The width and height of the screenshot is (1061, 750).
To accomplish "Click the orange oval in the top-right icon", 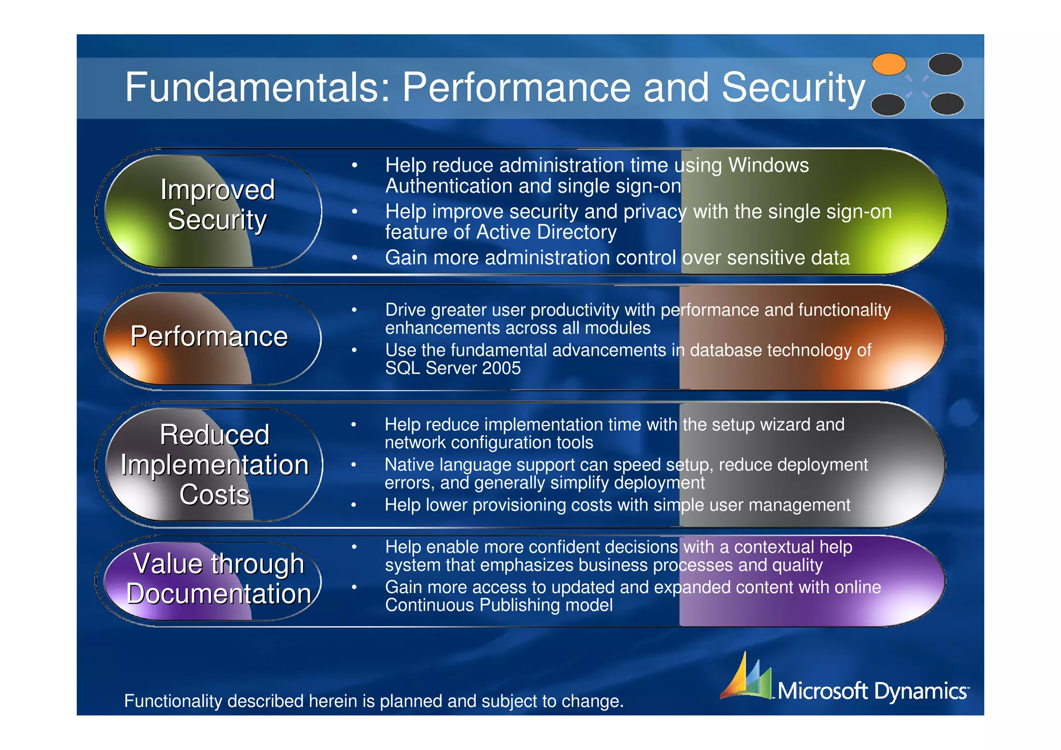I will [x=888, y=65].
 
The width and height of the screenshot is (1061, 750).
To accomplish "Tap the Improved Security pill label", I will [x=217, y=204].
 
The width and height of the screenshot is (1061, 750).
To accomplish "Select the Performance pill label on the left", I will [x=209, y=336].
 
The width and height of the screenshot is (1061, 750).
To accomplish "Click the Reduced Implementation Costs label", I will [x=214, y=464].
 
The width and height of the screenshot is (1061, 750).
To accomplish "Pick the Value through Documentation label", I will [x=218, y=578].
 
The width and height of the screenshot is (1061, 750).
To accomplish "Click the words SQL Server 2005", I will [x=453, y=369].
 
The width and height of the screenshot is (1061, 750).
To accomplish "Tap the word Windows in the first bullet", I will [x=768, y=165].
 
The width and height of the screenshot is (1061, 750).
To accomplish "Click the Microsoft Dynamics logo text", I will [x=872, y=691].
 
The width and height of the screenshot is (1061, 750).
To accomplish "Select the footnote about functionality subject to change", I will [x=374, y=701].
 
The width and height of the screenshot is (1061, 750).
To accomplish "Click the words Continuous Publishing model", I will [x=498, y=605].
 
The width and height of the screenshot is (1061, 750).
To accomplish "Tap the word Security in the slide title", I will [x=793, y=87].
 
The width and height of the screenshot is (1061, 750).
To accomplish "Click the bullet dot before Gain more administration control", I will [x=354, y=258].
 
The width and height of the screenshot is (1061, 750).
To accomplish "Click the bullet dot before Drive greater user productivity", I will [x=354, y=310].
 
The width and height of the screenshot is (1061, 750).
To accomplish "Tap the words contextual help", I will [x=793, y=547].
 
